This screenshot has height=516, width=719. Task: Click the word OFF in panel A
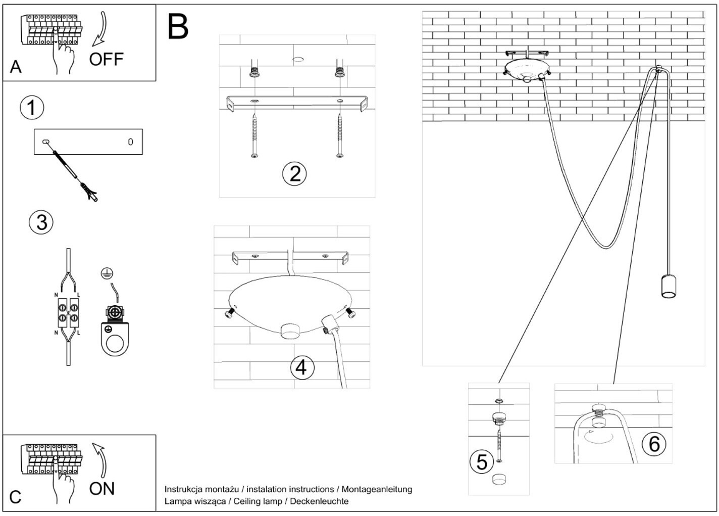coord(106,60)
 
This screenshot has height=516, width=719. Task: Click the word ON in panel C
coord(102,489)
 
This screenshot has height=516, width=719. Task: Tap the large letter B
coord(178,26)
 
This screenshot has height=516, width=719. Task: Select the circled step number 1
coord(32,108)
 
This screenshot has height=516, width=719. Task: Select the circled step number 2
coord(294,174)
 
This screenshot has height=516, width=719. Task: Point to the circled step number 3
coord(41,222)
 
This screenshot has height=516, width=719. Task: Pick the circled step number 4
coord(302,367)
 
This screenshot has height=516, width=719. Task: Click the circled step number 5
coord(482,462)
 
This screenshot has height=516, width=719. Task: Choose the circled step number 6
coord(654,444)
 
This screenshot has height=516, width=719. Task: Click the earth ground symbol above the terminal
coord(107,273)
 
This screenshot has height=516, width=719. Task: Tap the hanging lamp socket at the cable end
coord(669,286)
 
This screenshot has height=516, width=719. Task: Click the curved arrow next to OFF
coord(100,29)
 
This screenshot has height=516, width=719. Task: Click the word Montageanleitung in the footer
coord(377,489)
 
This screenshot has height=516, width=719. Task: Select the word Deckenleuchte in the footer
coord(319,501)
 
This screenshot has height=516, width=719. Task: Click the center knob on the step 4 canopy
coord(290,331)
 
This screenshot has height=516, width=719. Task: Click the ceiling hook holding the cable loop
coord(658,68)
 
